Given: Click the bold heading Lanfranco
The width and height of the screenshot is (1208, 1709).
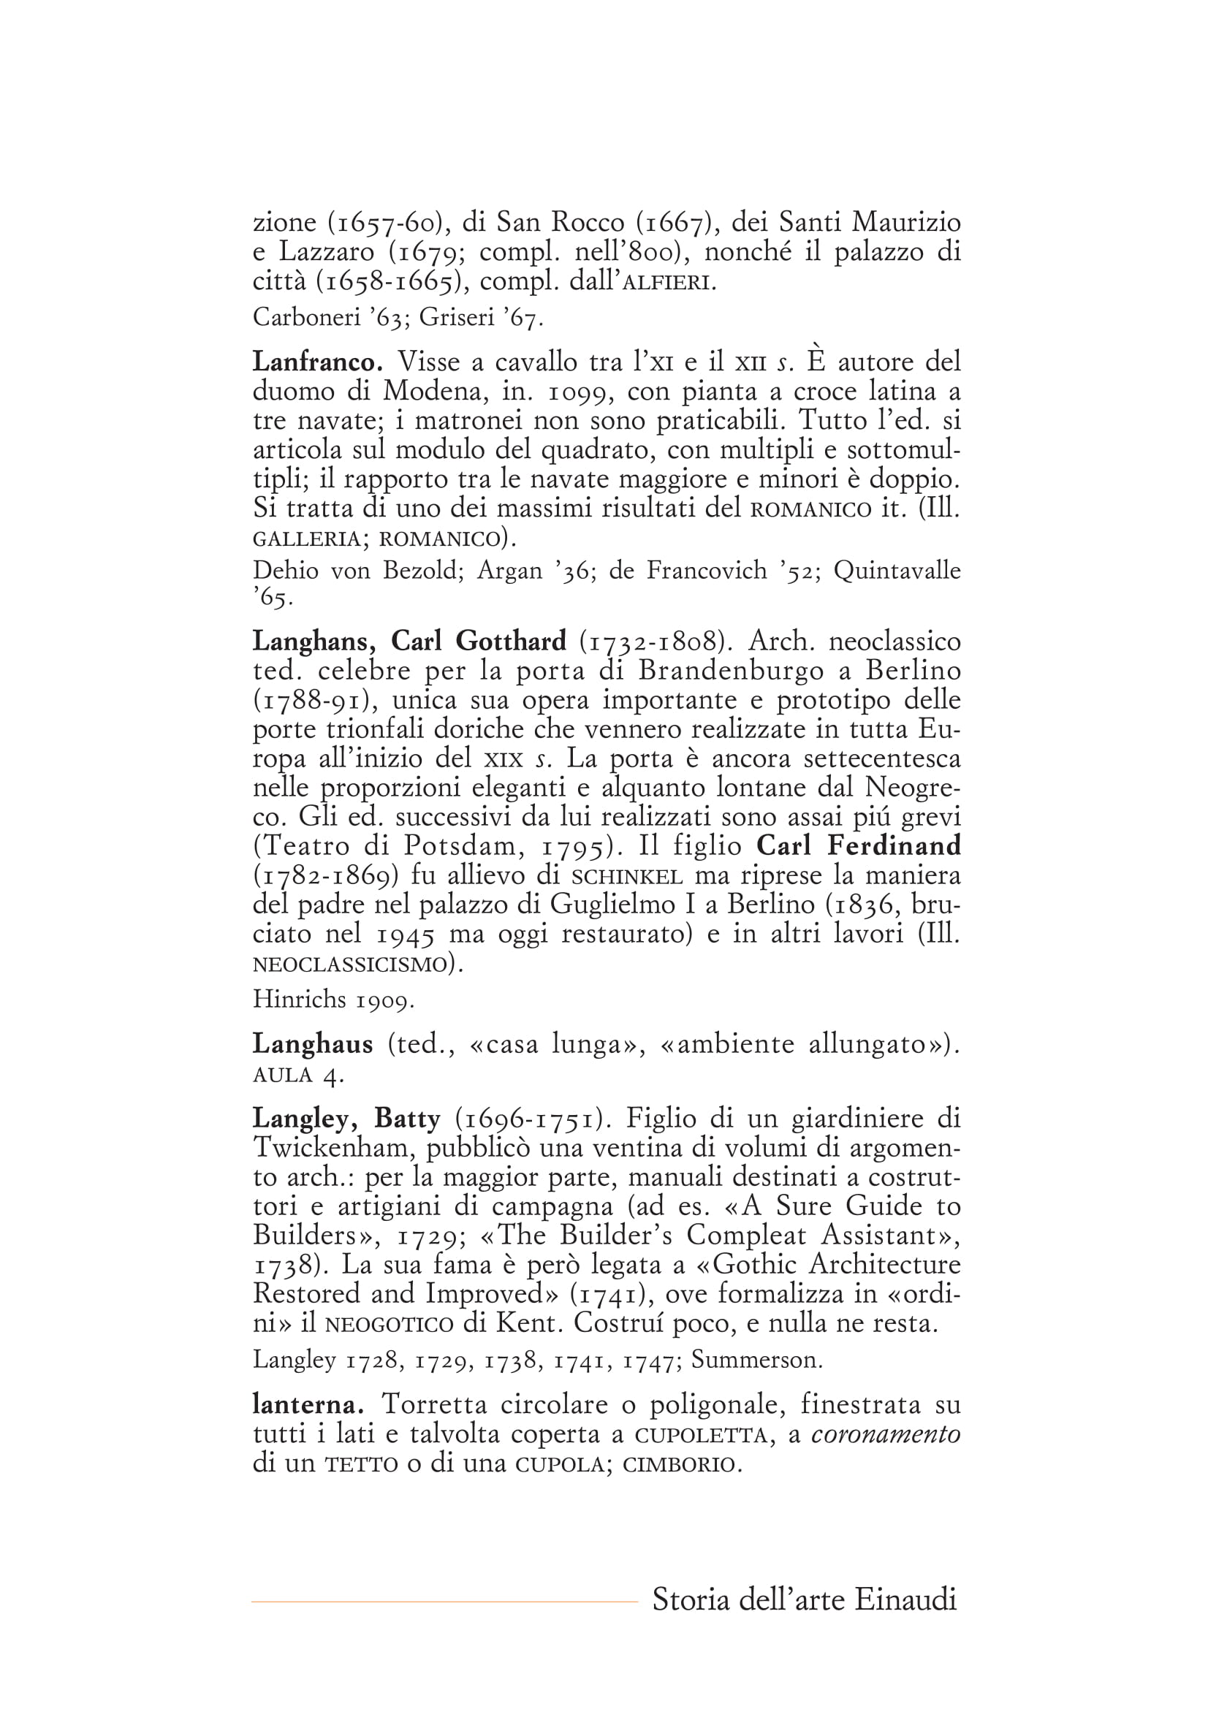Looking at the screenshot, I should click(318, 362).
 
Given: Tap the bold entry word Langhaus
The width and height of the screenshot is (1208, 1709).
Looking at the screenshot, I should click(313, 1044).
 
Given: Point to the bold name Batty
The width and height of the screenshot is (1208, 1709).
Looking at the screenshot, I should click(407, 1118).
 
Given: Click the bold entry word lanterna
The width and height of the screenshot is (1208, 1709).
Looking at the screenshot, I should click(308, 1404).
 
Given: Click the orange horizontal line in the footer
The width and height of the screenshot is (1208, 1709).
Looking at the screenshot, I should click(444, 1602).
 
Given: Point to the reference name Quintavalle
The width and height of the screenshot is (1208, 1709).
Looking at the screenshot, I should click(897, 570).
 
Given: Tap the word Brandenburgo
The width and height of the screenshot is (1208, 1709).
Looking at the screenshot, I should click(731, 671).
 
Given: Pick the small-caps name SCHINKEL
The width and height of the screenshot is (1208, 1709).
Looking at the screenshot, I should click(628, 876).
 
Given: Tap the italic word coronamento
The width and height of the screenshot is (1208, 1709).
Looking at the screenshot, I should click(886, 1434).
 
